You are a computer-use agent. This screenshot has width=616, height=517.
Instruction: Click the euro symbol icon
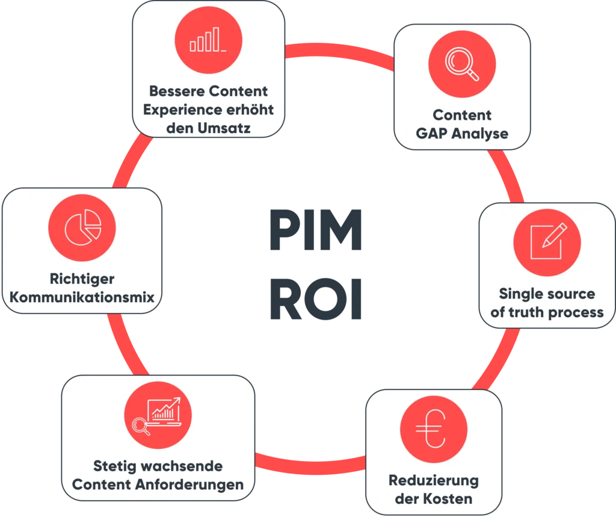(x=433, y=430)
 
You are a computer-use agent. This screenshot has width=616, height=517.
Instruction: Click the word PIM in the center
(x=317, y=232)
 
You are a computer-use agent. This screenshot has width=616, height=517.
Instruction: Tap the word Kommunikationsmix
(x=82, y=297)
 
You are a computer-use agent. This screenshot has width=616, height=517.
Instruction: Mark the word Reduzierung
(x=433, y=481)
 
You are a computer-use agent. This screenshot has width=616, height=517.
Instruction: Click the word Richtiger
(x=82, y=279)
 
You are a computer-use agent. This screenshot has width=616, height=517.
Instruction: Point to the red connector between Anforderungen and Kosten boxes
(x=310, y=464)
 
